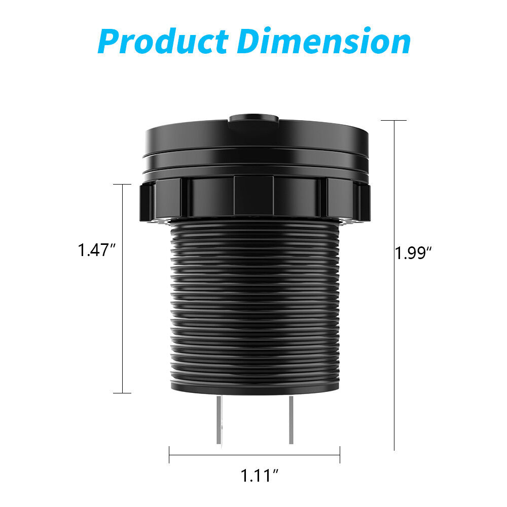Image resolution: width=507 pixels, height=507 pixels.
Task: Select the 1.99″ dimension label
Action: tap(413, 252)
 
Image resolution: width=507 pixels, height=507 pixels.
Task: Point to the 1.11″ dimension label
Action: tap(260, 476)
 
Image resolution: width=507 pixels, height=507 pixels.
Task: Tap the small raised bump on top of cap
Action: tap(253, 120)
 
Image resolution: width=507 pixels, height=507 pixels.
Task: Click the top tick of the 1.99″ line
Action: tap(394, 121)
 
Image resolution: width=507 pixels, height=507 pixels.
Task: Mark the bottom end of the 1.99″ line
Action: tap(394, 449)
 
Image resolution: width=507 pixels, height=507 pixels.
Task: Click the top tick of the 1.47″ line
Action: tap(122, 185)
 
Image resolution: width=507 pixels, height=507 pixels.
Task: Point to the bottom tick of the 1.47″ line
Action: tap(122, 393)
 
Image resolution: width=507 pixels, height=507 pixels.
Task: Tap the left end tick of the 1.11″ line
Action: tap(169, 454)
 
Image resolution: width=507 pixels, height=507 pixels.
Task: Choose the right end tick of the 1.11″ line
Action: tap(340, 454)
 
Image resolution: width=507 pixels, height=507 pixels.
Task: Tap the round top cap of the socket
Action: tap(256, 139)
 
